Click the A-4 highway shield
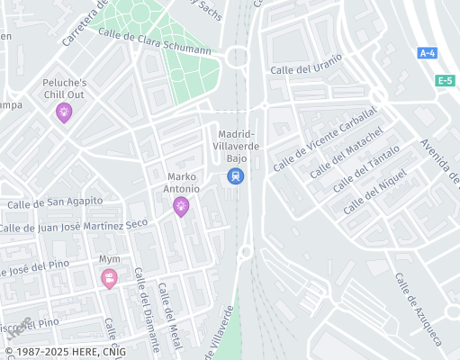[427, 53]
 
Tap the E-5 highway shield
[445, 81]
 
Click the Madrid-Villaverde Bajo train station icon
[235, 176]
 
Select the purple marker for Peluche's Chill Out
[63, 112]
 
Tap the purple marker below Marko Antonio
[181, 207]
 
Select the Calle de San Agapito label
[55, 203]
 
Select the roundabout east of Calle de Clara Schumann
[237, 57]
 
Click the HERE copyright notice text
[65, 352]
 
